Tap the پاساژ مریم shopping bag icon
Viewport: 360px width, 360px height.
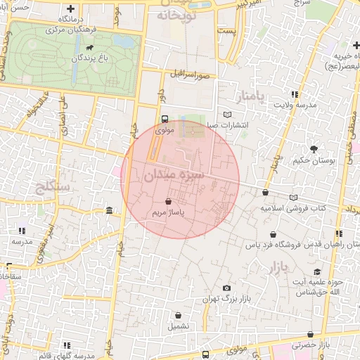[x=167, y=201]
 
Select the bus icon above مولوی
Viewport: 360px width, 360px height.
[x=165, y=119]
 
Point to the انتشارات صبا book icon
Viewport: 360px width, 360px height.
[x=226, y=115]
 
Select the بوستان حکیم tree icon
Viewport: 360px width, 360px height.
[x=314, y=148]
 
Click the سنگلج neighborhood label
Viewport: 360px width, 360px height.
[x=53, y=187]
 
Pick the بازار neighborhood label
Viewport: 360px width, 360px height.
[x=278, y=267]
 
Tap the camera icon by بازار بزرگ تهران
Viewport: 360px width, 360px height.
[x=226, y=288]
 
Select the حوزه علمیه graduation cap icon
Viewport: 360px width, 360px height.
[x=317, y=272]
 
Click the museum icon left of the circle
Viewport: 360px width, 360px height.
[x=110, y=210]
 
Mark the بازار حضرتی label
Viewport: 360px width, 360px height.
[x=311, y=345]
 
